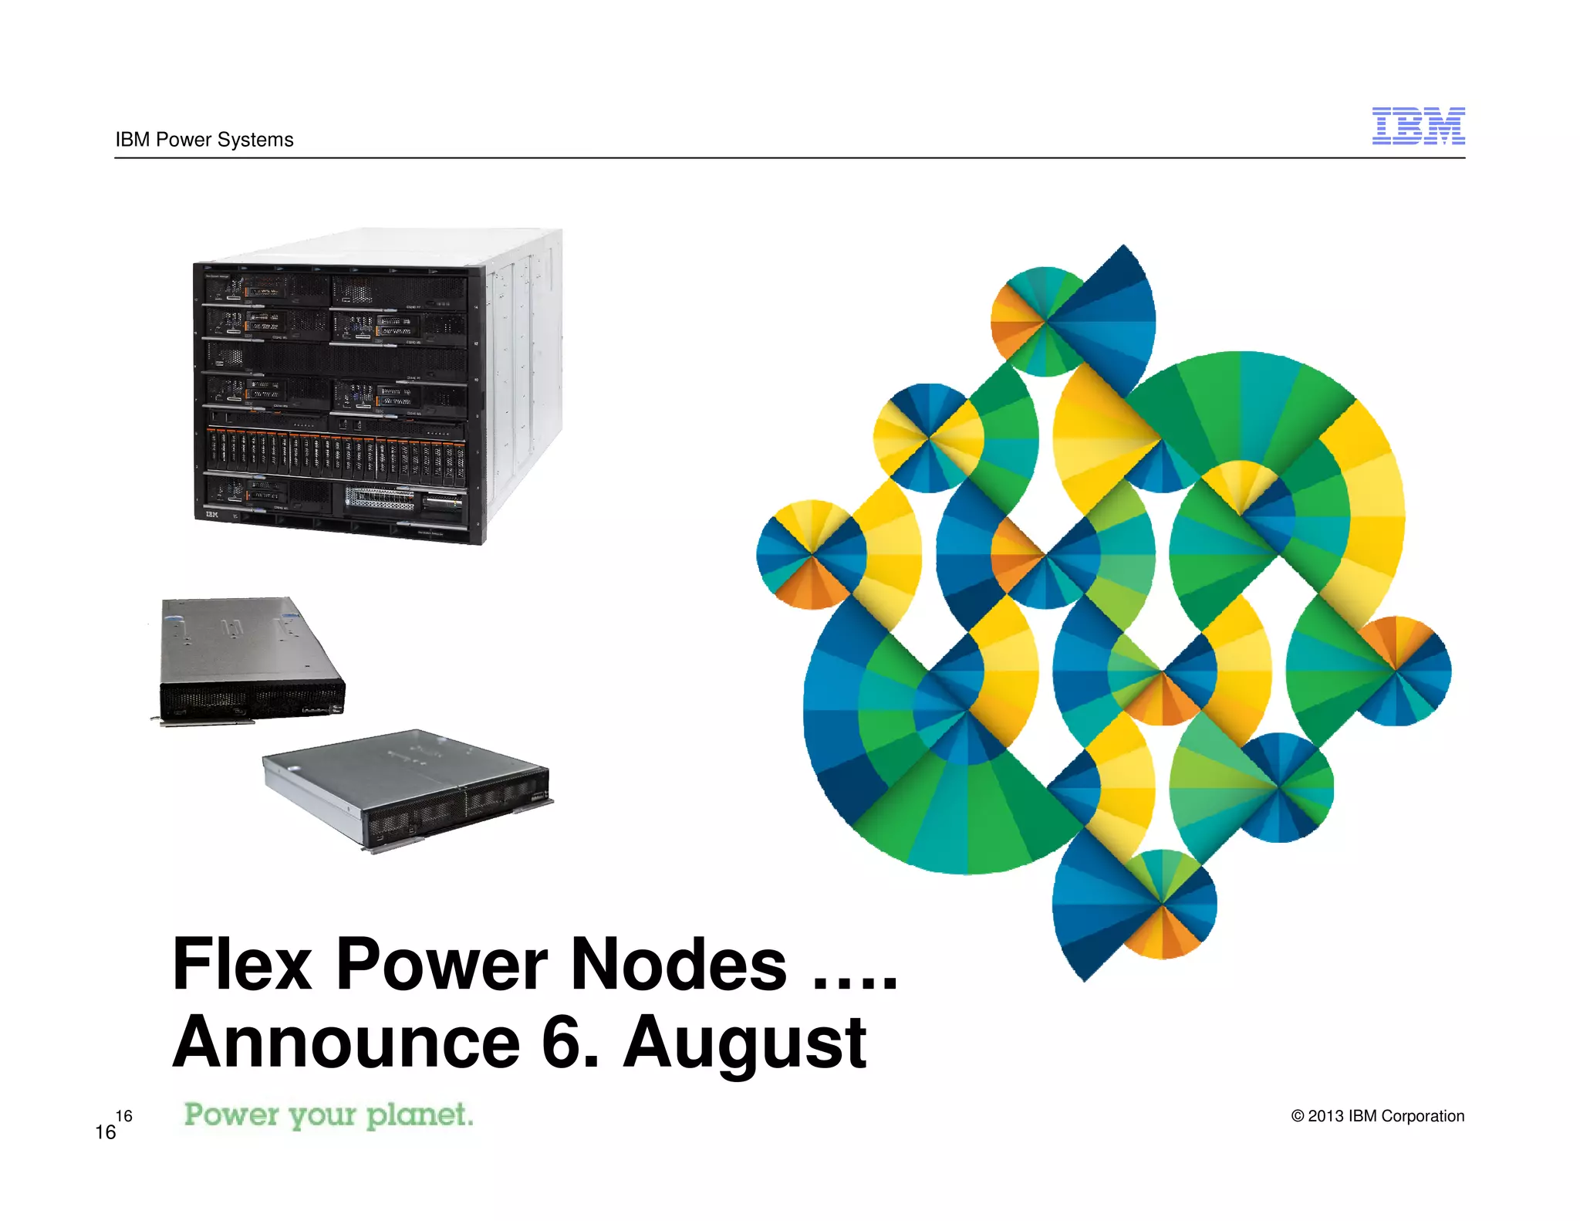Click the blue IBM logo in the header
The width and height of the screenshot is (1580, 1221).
click(1418, 126)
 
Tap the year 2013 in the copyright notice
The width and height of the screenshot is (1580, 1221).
click(1325, 1116)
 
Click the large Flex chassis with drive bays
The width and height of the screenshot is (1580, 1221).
click(377, 386)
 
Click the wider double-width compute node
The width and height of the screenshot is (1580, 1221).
click(407, 789)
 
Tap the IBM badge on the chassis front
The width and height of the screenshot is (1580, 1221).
click(211, 513)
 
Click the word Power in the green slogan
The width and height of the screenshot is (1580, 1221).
click(231, 1114)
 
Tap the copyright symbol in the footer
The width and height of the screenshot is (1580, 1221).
click(1298, 1116)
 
